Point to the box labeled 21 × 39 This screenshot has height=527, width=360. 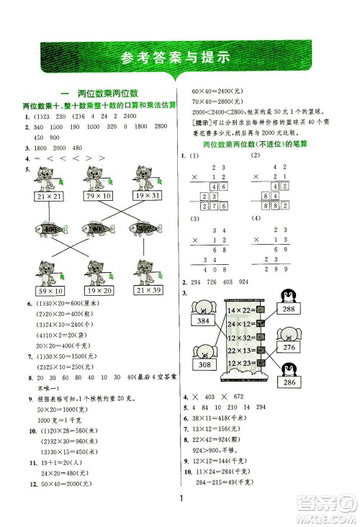[145, 290]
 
